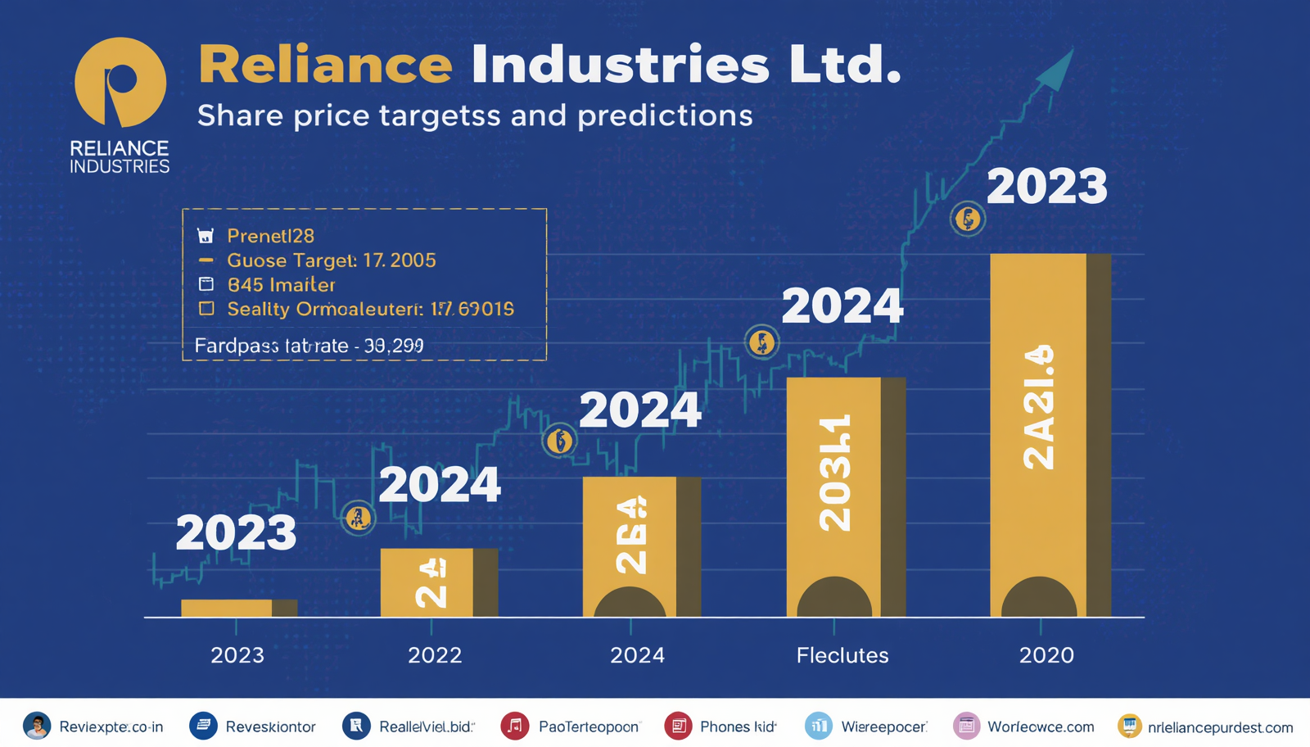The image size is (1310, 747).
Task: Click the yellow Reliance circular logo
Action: click(x=120, y=82)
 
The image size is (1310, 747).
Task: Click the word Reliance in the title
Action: click(x=325, y=65)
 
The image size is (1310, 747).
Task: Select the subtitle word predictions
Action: click(x=665, y=115)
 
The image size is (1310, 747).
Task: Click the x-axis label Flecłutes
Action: click(x=842, y=655)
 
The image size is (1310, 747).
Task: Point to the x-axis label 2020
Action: click(x=1046, y=655)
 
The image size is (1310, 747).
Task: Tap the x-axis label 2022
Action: click(x=435, y=655)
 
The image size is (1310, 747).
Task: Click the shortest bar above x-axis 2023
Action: click(x=237, y=608)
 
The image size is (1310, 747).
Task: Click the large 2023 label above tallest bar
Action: click(x=1046, y=187)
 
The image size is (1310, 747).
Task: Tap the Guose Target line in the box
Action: click(x=331, y=260)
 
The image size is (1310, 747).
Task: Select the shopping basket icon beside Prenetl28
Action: click(x=206, y=236)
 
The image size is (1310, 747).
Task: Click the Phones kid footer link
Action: click(x=737, y=727)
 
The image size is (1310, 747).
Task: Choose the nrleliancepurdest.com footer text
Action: click(x=1220, y=727)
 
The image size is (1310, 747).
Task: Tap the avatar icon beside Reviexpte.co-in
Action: click(x=37, y=726)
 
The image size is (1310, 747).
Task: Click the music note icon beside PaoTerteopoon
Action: click(x=514, y=726)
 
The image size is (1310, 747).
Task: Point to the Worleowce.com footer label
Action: click(x=1040, y=727)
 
